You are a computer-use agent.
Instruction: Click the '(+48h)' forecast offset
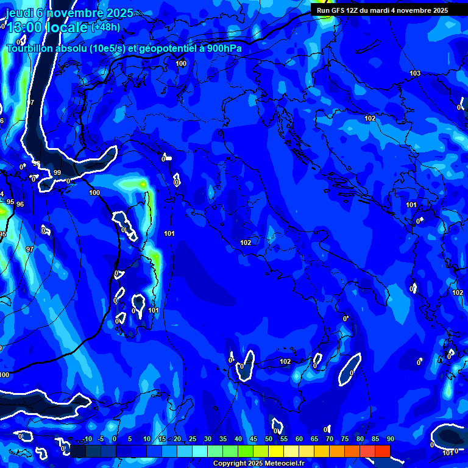point(105,27)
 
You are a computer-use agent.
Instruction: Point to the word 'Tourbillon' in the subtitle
point(30,49)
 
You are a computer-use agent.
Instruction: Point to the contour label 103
point(415,74)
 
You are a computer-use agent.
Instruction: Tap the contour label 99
point(57,173)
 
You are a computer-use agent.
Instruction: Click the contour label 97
point(30,249)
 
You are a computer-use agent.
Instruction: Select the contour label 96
point(20,204)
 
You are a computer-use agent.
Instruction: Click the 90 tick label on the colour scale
point(390,439)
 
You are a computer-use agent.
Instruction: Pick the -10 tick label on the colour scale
point(87,439)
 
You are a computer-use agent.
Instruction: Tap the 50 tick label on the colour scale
point(269,439)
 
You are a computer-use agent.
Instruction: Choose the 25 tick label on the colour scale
point(193,439)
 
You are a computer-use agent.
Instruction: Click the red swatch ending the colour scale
point(382,451)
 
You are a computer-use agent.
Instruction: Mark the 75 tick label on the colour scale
point(344,439)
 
